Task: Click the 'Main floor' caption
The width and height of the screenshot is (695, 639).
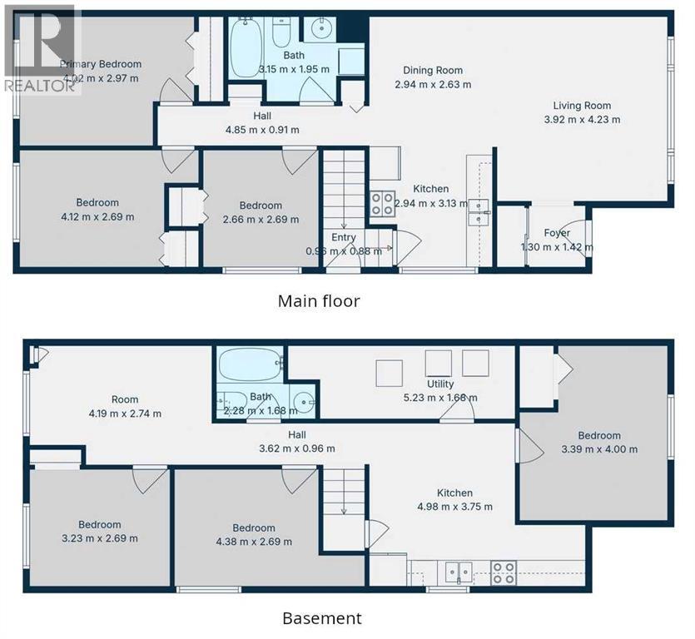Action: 319,300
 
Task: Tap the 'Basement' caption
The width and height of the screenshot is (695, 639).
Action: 322,618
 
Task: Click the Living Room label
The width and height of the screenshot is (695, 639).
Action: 582,106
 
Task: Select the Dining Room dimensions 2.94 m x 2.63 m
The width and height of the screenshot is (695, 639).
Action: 433,84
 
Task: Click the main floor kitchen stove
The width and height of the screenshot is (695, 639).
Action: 382,204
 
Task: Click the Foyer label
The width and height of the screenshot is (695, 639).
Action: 557,233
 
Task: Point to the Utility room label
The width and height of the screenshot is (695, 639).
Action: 440,384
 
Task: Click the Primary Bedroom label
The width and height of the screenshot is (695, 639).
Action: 100,64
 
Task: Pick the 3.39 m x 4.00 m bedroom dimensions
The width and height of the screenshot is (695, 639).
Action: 599,449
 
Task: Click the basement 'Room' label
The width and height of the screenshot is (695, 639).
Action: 125,399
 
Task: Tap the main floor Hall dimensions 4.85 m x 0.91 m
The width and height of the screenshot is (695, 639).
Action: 262,130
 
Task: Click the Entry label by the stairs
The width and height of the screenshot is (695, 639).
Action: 344,237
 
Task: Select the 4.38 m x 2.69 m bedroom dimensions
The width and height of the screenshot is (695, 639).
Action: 254,542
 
